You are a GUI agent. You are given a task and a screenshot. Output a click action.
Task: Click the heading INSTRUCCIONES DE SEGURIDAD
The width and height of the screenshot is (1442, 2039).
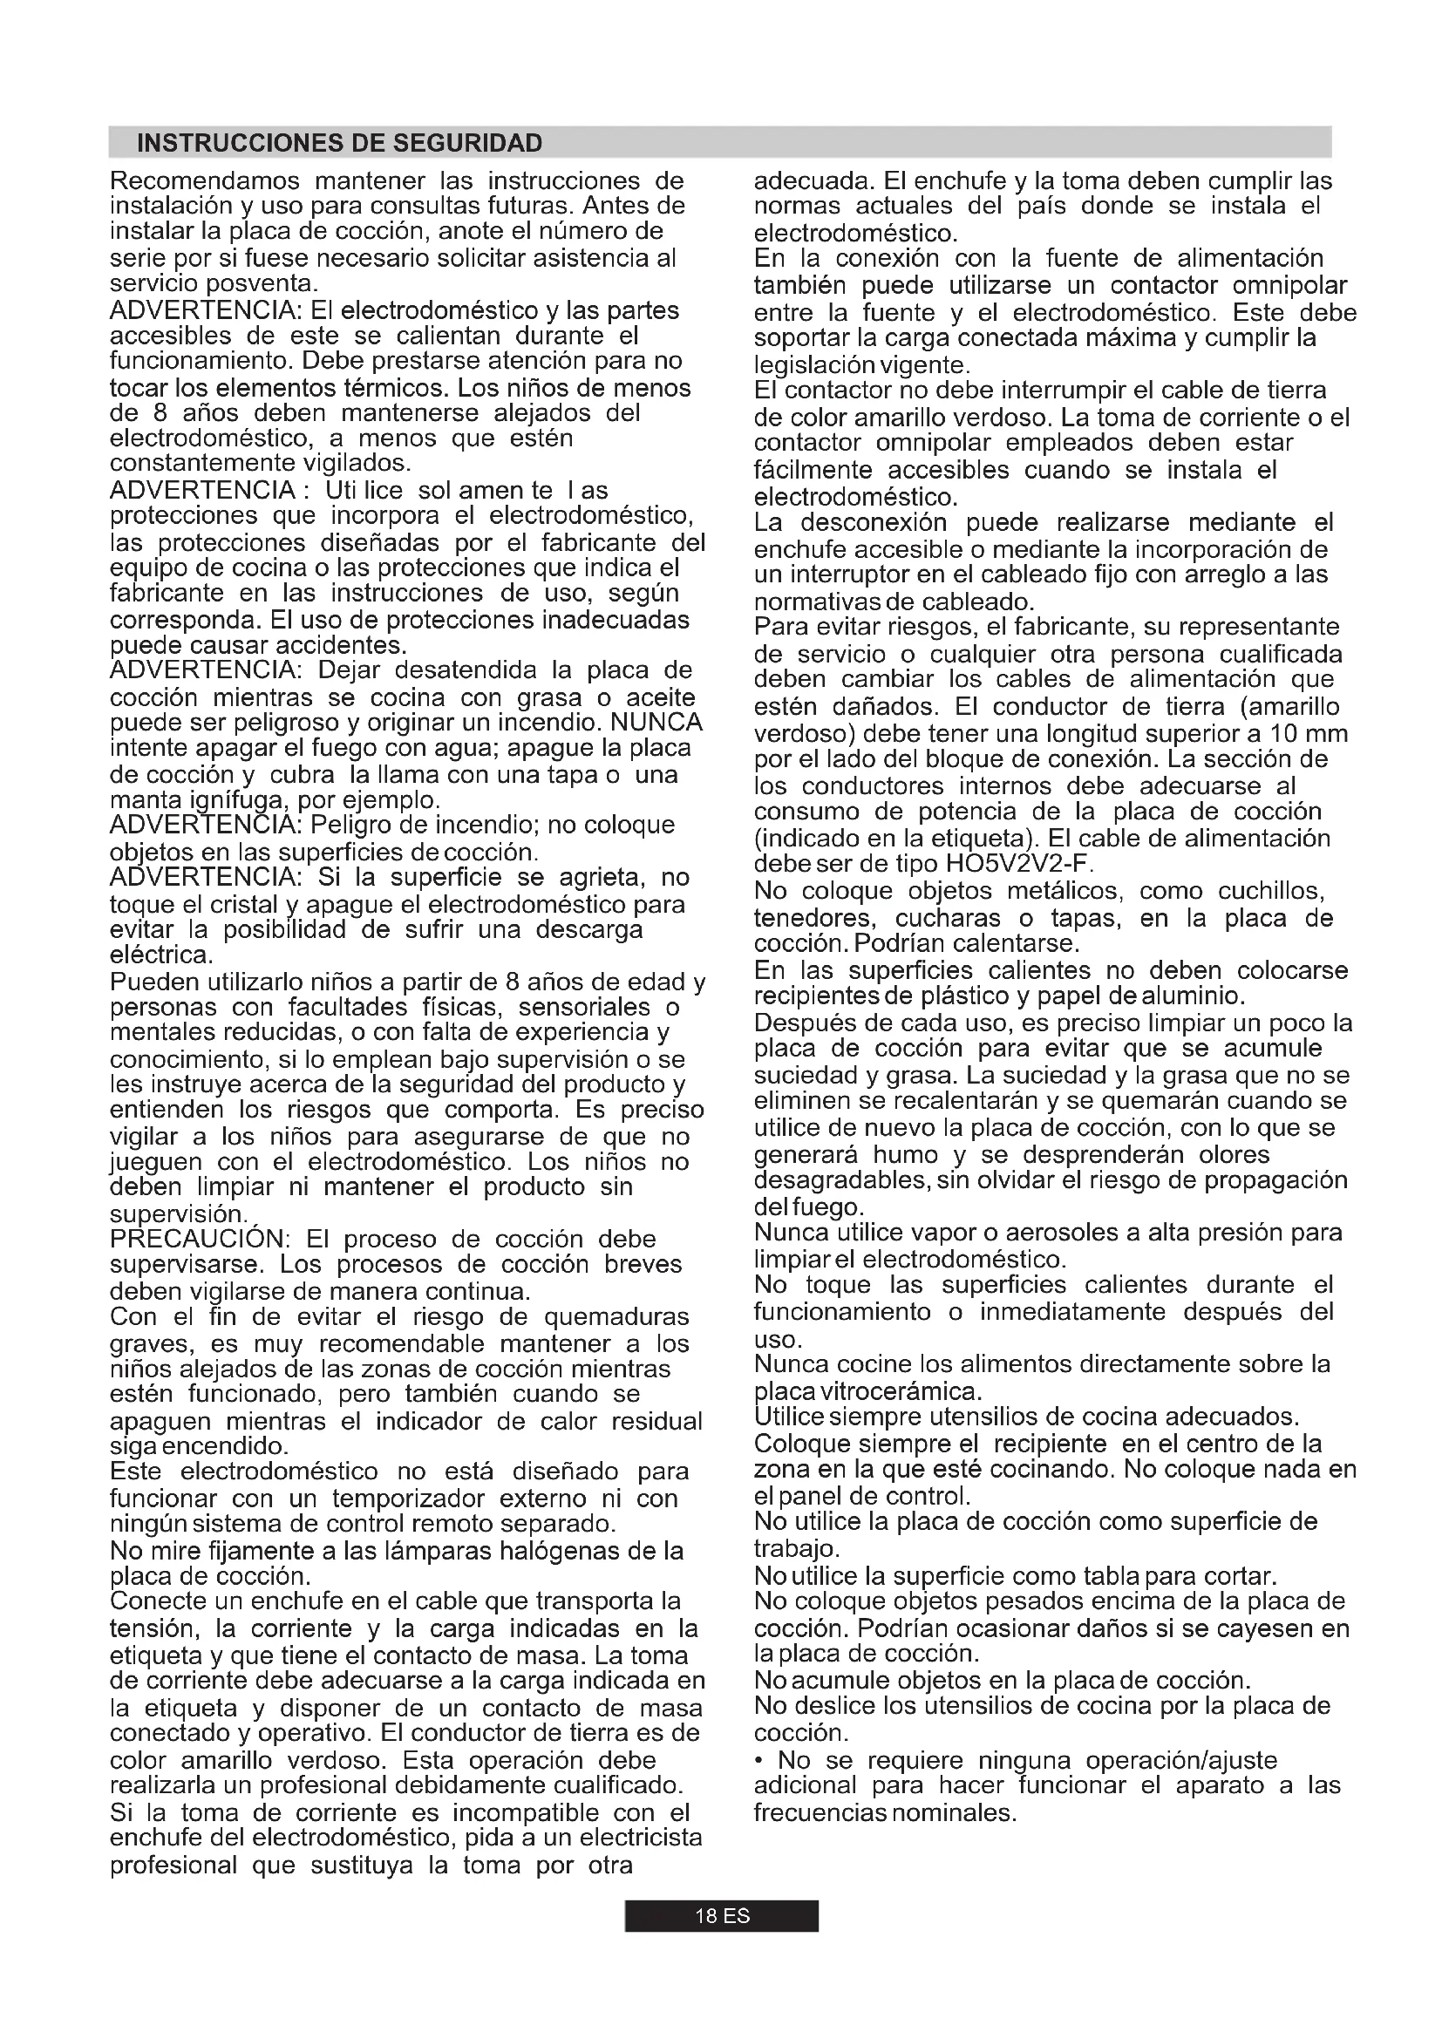pos(339,143)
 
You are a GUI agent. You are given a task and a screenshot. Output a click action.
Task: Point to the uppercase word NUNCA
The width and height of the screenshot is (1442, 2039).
pos(657,723)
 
